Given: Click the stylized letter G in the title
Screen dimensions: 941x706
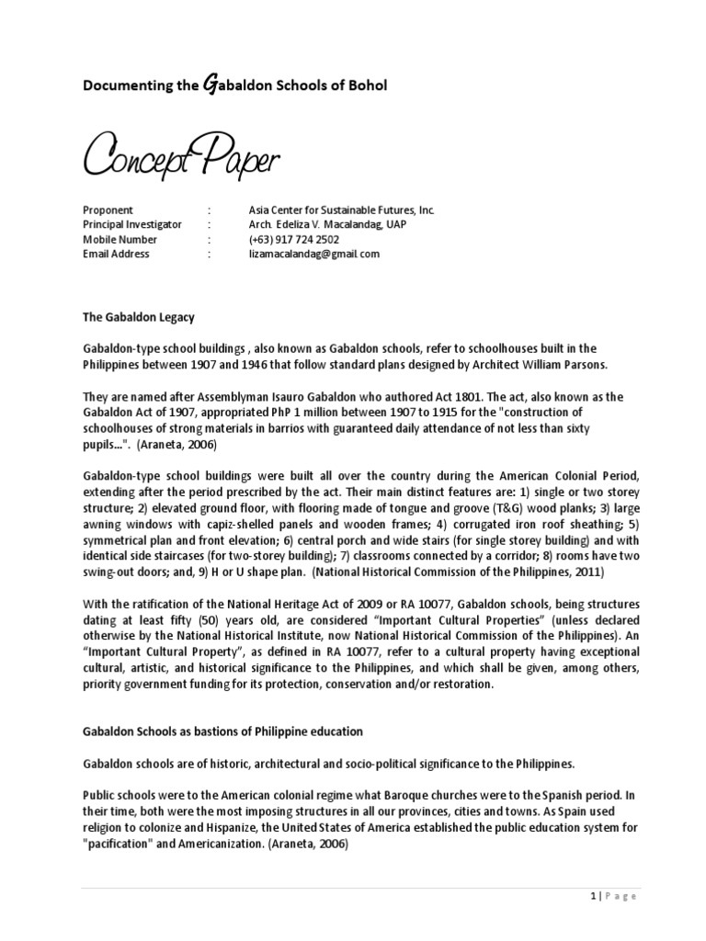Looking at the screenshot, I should (x=208, y=85).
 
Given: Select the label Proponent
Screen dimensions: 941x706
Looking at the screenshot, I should (x=108, y=210).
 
